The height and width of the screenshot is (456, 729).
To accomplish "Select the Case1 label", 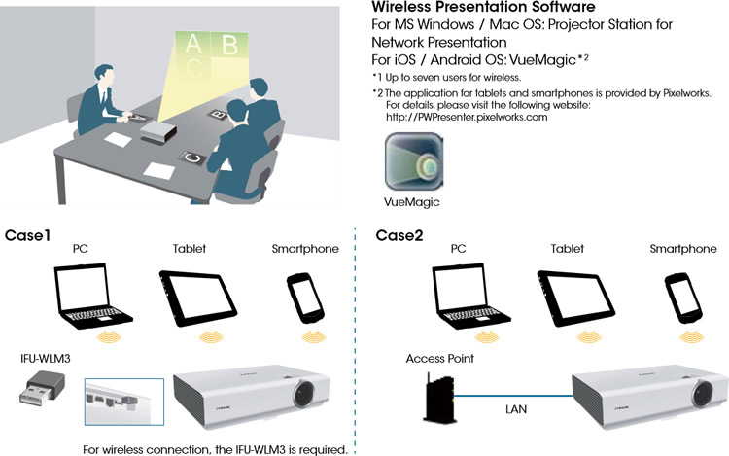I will pyautogui.click(x=29, y=236).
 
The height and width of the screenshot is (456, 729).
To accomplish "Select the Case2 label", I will pyautogui.click(x=399, y=236).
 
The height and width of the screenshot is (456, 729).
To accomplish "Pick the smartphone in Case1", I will pyautogui.click(x=305, y=297).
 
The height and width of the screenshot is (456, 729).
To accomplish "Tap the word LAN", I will pyautogui.click(x=516, y=410).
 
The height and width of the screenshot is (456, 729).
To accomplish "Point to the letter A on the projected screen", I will pyautogui.click(x=193, y=43).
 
